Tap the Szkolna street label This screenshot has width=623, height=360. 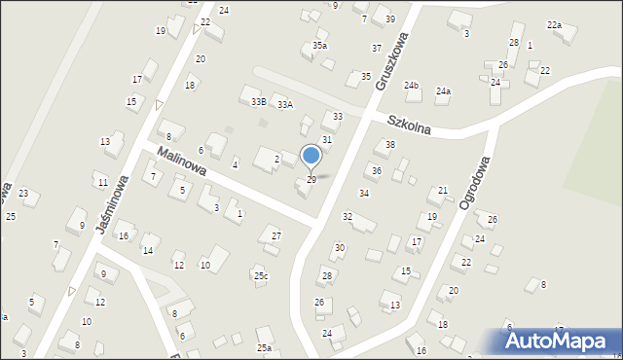coord(409,126)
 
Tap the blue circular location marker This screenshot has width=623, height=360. coord(311,156)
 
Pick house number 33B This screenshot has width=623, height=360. coord(258,101)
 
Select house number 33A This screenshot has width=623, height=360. coord(284,105)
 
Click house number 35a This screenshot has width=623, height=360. coord(319,46)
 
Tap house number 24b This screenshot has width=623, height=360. coord(412,86)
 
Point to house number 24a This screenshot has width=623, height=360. coord(443,91)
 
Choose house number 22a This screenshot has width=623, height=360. coord(554,24)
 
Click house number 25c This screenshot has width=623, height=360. coord(261,276)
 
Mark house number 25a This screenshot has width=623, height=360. coord(264,347)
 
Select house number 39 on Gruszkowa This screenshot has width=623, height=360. coord(389,19)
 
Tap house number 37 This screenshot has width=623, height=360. coord(376,48)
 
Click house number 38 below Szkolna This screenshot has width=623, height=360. coord(390,145)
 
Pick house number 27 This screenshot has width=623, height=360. coord(276,236)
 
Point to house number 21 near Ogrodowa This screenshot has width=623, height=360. coord(443,191)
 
